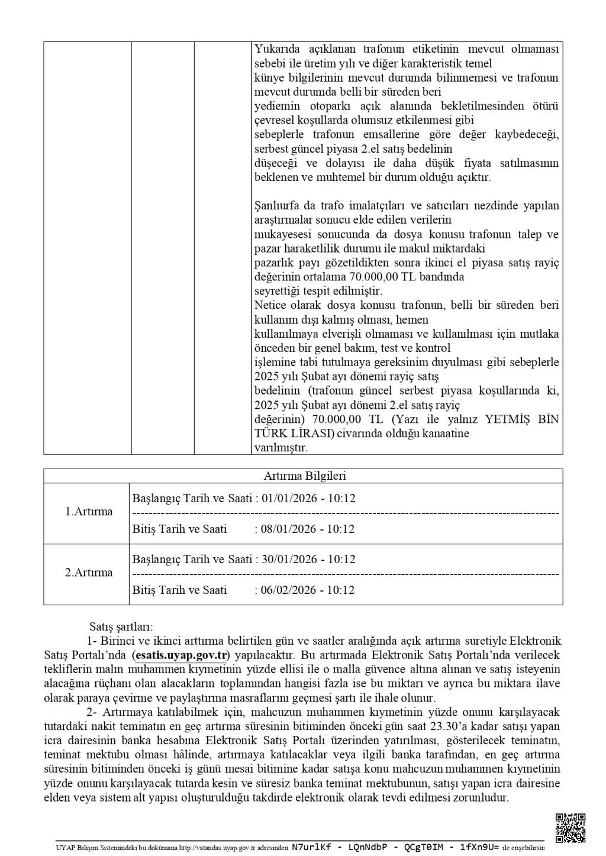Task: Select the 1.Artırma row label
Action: (x=89, y=512)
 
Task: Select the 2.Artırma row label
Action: (x=89, y=573)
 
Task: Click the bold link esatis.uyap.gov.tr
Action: (x=180, y=655)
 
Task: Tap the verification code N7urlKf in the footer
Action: (x=312, y=847)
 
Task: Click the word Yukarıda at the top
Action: (x=276, y=49)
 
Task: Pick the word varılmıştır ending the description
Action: (x=281, y=448)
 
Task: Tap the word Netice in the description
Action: (x=270, y=305)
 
